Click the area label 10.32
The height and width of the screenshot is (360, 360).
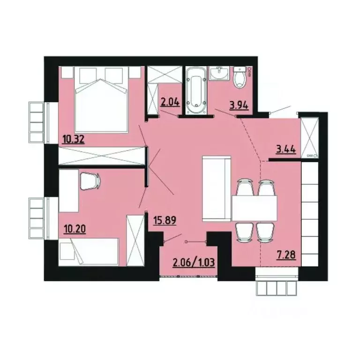click(x=73, y=139)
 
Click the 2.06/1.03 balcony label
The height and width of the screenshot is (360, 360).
click(x=194, y=261)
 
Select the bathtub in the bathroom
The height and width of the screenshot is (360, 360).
click(x=196, y=91)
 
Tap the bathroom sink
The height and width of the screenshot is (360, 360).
click(x=219, y=74)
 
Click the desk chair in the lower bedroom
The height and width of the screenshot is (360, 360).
click(x=89, y=180)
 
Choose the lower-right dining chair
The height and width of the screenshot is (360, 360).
click(x=266, y=232)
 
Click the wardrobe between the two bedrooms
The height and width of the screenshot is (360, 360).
click(x=101, y=156)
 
